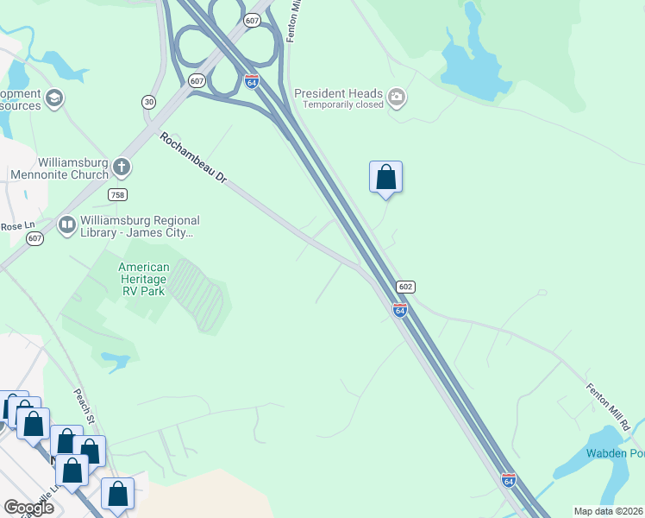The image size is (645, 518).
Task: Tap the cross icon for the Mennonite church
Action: (x=122, y=166)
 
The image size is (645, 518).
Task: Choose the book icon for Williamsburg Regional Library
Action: (x=66, y=225)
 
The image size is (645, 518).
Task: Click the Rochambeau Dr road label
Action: (x=192, y=156)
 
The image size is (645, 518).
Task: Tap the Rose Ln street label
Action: (x=12, y=226)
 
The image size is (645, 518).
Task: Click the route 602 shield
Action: (x=406, y=287)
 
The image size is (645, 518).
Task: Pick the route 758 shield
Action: (x=118, y=194)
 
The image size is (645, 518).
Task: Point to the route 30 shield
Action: (x=149, y=102)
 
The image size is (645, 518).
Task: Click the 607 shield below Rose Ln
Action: (x=34, y=238)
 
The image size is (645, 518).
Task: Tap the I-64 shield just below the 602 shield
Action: (x=400, y=310)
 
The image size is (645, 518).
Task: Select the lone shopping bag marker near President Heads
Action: (x=385, y=177)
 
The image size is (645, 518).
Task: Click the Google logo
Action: (x=28, y=507)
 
